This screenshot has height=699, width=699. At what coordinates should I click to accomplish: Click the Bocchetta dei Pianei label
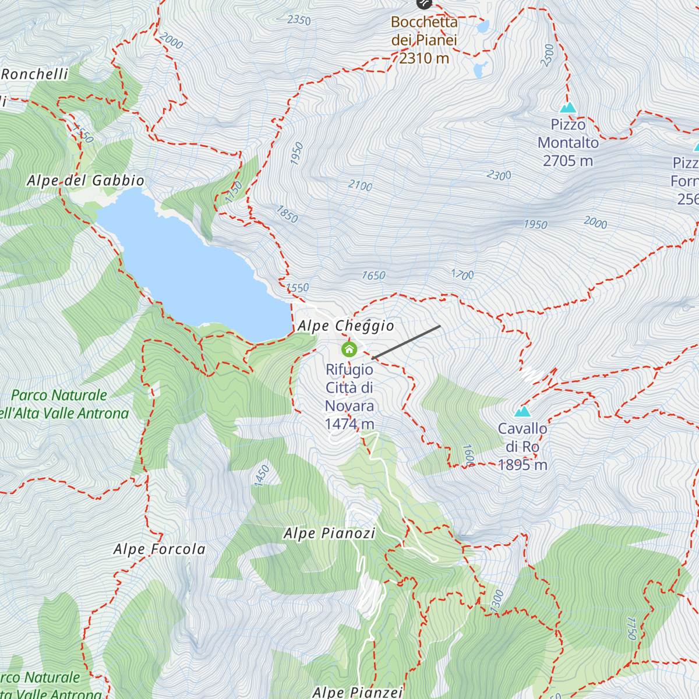pos(424,40)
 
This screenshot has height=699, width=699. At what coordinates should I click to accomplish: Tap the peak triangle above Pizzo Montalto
pos(568,108)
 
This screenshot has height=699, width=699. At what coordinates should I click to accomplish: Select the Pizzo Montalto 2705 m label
pos(568,143)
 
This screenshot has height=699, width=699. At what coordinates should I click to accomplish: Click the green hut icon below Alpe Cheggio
pos(349,349)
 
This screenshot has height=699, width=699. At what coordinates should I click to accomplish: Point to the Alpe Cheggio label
pos(346,326)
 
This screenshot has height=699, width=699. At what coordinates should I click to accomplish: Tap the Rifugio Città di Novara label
pos(349,397)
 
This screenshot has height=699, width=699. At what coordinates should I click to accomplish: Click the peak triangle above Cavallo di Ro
pos(523,412)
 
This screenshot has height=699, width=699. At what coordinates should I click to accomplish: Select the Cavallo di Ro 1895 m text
pos(523,447)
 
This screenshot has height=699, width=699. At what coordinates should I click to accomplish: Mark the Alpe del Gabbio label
pos(86,181)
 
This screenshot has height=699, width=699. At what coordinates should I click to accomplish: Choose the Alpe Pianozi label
pos(329,534)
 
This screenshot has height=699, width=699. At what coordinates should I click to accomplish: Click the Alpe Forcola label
pos(160,549)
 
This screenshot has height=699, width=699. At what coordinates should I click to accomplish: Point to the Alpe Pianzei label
pos(358,692)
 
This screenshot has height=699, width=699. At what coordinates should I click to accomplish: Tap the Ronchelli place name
pos(35,75)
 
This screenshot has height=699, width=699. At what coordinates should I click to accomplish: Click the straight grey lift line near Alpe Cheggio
pos(407,342)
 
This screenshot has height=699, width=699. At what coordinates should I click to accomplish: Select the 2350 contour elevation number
pos(299,20)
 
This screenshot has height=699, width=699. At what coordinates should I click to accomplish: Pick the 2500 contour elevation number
pos(548,55)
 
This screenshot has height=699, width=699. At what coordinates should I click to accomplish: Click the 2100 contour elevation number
pos(360,186)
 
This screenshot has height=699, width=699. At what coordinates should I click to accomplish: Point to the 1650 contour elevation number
pos(373,276)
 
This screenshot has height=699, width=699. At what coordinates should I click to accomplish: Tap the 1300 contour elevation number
pos(497,601)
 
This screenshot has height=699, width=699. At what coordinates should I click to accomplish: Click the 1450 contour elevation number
pos(262,475)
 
